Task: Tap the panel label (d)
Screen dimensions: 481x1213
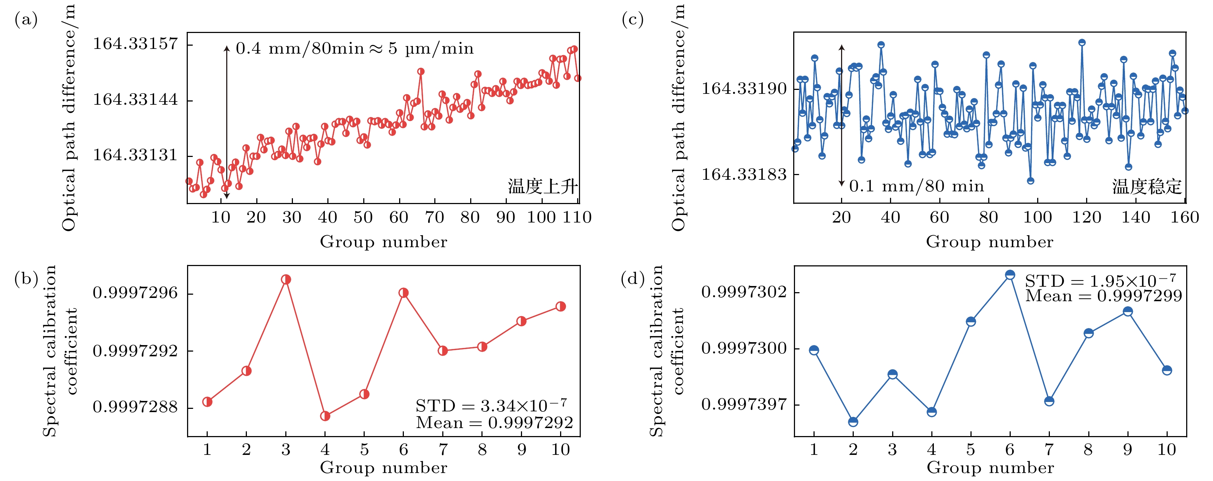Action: coord(632,279)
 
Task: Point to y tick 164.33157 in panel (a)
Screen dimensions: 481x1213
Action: coord(135,44)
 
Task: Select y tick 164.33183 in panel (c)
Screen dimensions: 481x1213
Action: coord(744,175)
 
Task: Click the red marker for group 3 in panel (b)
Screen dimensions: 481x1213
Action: coord(286,279)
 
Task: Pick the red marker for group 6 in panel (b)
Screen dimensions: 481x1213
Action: coord(403,293)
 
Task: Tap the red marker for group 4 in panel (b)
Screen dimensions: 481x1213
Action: coord(325,416)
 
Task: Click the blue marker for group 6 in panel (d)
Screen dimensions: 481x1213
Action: coord(1010,275)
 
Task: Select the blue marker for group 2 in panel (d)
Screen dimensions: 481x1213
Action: coord(853,422)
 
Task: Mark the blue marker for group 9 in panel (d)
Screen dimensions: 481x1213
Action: coord(1127,312)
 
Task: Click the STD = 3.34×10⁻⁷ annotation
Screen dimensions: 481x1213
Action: coord(491,405)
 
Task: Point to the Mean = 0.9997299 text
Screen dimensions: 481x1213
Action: coord(1103,296)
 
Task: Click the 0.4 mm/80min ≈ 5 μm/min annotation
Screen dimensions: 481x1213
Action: coord(354,49)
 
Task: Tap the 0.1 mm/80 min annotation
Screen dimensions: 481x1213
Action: coord(916,186)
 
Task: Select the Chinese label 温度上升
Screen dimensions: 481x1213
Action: coord(542,187)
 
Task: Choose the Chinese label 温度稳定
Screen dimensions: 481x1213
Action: coord(1147,187)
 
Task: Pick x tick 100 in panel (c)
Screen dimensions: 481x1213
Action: coord(1038,217)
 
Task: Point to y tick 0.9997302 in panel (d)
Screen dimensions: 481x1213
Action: coord(744,292)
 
